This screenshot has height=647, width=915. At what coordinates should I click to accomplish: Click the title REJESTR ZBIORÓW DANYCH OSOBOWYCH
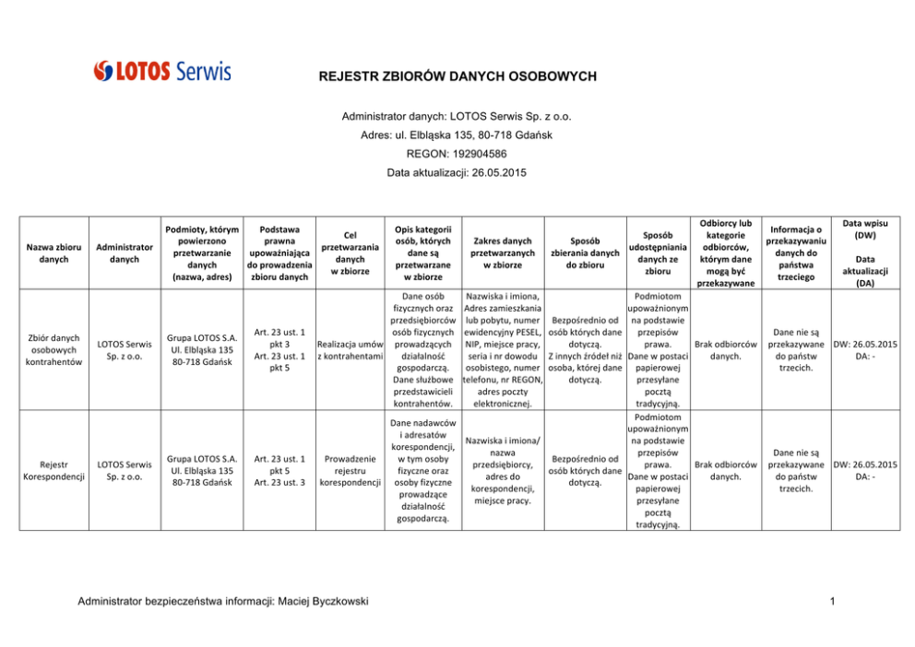coord(457,76)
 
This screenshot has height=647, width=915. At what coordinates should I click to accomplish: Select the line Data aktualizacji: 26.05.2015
coord(457,173)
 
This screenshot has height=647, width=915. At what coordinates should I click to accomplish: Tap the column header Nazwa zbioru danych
coord(53,253)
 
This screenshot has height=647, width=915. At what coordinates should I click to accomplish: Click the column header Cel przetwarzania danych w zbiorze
coord(350,253)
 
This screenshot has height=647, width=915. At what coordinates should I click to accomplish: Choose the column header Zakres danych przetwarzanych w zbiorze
coord(502,253)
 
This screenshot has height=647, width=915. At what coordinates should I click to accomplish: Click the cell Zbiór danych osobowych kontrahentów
coord(53,349)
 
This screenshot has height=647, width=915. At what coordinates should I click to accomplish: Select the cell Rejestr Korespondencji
coord(53,471)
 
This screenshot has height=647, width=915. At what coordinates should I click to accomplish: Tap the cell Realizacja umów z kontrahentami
coord(350,349)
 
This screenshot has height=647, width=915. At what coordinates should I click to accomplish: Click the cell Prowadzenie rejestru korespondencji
coord(350,470)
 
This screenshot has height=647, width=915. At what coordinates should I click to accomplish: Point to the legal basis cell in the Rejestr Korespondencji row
coord(279,470)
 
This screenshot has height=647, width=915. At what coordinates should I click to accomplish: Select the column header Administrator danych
coord(125,253)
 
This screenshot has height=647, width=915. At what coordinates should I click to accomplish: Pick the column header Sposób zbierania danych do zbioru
coord(584,253)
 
